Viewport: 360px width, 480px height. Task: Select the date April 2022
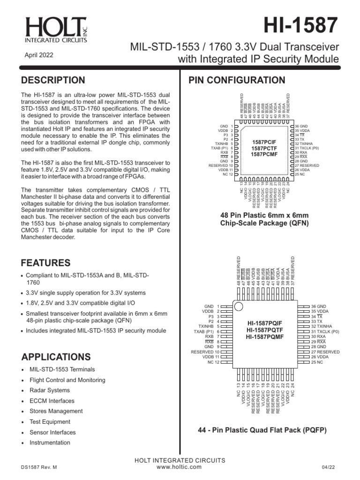click(39, 55)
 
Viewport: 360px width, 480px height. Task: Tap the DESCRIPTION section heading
click(53, 80)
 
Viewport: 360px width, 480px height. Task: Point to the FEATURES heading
click(46, 263)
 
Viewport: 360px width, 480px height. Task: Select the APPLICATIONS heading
click(56, 357)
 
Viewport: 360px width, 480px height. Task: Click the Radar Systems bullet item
click(49, 390)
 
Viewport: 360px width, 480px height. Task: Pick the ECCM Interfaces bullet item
click(52, 401)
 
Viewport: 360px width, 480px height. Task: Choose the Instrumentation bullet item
click(50, 442)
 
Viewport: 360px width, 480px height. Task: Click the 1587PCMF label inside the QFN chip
click(265, 155)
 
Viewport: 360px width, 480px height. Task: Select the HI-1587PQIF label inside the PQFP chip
click(265, 323)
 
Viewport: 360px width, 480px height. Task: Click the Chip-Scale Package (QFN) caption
click(265, 223)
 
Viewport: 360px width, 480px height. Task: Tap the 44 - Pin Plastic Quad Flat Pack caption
click(262, 430)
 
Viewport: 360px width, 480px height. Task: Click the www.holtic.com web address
click(180, 467)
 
